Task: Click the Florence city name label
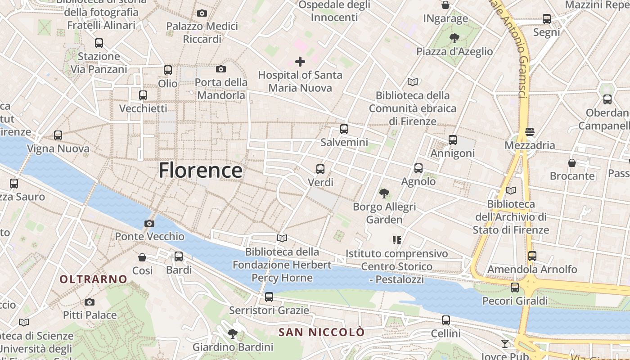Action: click(200, 171)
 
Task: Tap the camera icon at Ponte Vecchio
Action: click(149, 223)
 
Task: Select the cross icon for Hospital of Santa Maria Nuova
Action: click(300, 61)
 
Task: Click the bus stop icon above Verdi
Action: click(320, 169)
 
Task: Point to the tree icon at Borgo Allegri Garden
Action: click(384, 194)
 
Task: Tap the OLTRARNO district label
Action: click(94, 279)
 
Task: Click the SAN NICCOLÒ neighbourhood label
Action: click(321, 333)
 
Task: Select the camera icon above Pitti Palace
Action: click(90, 302)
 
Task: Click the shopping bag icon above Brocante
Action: click(572, 162)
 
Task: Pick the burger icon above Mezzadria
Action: click(530, 132)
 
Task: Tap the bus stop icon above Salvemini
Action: click(344, 129)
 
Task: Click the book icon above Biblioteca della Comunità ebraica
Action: click(413, 82)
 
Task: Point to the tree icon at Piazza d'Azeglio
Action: click(454, 38)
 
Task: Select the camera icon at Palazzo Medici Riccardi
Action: click(202, 13)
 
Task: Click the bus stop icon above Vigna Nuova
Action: click(58, 135)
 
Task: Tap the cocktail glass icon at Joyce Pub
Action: click(505, 344)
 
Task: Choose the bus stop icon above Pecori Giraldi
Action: click(515, 288)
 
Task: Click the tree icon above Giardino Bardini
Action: click(233, 334)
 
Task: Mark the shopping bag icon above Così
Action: click(142, 257)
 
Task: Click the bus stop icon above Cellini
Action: click(446, 320)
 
